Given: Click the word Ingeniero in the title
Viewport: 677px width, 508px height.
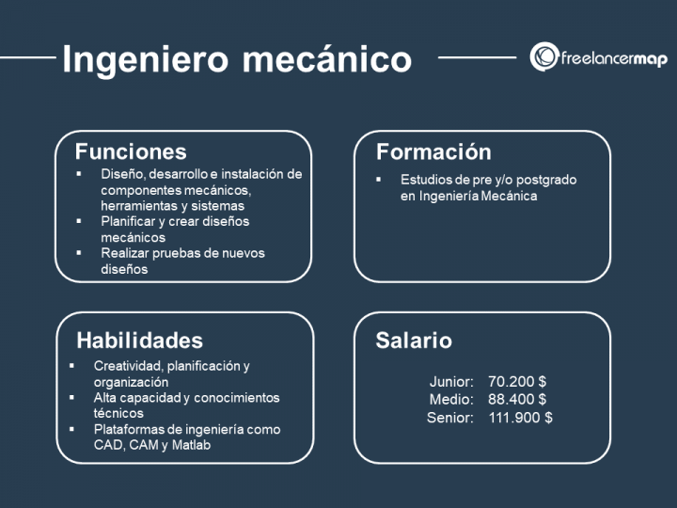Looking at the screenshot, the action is (145, 59).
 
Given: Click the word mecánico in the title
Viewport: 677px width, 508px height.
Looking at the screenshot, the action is (327, 58).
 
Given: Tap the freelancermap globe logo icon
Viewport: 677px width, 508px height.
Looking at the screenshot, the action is (544, 56).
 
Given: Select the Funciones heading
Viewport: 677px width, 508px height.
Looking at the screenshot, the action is (131, 151).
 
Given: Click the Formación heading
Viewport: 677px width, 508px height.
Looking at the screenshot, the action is (433, 152).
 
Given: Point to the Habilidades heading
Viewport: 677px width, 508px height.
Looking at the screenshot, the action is (139, 341).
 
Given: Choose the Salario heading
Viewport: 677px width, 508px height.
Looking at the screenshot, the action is (414, 341).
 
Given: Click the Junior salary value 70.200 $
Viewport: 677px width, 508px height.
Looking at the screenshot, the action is (517, 381).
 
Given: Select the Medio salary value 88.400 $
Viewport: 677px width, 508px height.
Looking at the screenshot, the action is (517, 399).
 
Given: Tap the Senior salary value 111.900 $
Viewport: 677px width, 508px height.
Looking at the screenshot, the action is (520, 418).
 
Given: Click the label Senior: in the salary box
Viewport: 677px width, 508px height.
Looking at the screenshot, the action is (449, 418).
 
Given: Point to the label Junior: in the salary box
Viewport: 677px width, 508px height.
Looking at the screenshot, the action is (451, 381).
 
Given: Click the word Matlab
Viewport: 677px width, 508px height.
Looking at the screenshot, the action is (191, 445).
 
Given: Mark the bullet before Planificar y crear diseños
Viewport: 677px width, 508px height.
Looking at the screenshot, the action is (79, 221).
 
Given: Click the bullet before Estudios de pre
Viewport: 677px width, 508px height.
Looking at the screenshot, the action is (378, 179).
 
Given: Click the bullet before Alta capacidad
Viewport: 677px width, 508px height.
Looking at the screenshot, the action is (71, 397).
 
